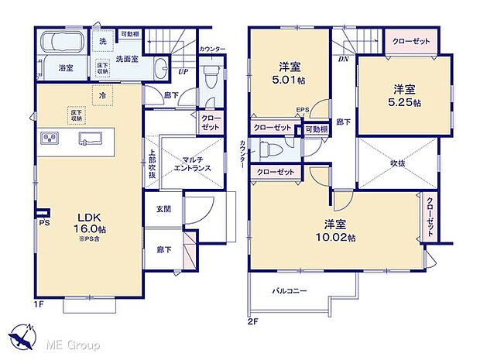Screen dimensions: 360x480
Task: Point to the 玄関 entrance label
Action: (x=163, y=207)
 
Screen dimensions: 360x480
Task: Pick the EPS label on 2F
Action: (x=303, y=111)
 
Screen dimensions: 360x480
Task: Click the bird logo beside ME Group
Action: (x=22, y=339)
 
